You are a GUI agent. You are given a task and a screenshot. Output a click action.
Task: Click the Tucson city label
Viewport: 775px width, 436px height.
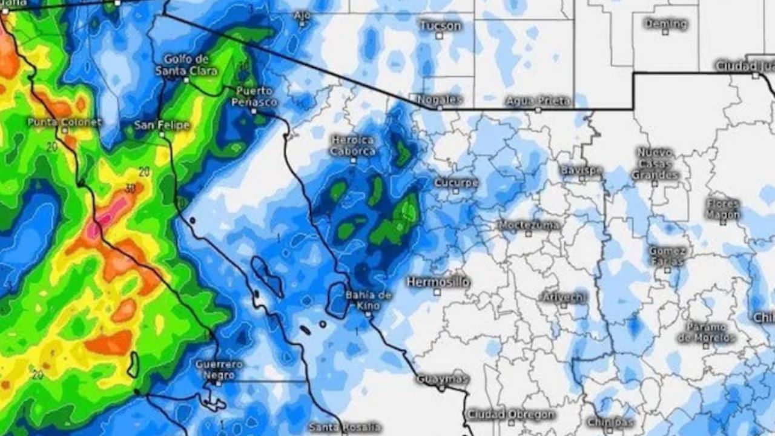[440, 25]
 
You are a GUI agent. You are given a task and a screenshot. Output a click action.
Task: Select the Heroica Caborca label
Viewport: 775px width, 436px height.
[353, 146]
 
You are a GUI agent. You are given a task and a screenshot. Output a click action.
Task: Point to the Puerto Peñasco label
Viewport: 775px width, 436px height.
[254, 97]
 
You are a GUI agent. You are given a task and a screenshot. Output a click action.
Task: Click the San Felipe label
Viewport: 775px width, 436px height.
[162, 125]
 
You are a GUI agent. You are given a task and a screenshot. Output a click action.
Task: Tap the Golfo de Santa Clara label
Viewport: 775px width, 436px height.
[186, 65]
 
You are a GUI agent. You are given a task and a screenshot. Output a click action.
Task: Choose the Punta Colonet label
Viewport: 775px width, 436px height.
[65, 122]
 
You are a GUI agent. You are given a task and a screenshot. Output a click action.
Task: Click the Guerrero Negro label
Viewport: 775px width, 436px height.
[219, 369]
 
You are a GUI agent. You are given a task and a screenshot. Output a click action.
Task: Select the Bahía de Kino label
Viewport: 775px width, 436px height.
[368, 300]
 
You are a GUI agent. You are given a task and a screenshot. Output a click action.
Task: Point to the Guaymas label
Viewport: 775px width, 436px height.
[442, 379]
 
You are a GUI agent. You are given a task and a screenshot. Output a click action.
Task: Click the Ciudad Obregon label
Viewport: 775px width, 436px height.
[510, 415]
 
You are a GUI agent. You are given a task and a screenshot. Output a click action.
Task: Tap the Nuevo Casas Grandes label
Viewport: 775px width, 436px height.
[655, 163]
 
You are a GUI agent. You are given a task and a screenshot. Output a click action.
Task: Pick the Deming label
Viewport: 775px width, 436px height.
[665, 24]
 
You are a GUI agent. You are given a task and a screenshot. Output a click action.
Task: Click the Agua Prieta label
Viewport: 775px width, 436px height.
[538, 101]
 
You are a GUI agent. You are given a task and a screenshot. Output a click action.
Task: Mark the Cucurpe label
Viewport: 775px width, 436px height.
[456, 182]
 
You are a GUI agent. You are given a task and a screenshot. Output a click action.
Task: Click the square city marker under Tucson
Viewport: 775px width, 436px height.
[440, 36]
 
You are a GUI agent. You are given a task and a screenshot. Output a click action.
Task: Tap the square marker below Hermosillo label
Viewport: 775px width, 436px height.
[437, 292]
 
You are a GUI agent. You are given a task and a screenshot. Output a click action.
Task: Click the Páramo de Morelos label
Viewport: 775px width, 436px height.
[706, 332]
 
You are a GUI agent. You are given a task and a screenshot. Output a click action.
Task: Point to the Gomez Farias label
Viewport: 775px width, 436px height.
[667, 256]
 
